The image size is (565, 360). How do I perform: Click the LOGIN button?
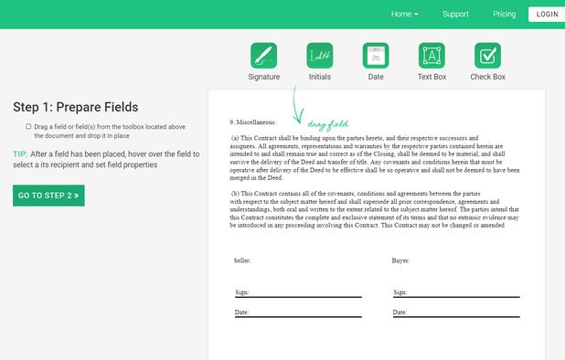click(547, 15)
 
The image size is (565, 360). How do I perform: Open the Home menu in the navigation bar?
click(404, 15)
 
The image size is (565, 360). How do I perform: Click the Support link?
click(455, 15)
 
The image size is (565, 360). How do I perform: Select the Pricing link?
click(504, 15)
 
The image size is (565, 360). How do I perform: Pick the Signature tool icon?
click(263, 56)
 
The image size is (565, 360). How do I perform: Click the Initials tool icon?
click(320, 56)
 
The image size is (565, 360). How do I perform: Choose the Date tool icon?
click(376, 56)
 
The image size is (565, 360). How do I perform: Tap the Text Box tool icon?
click(432, 56)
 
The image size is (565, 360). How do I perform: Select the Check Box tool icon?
click(487, 56)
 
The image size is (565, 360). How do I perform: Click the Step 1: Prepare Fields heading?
click(75, 107)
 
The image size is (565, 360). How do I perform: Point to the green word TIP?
click(20, 154)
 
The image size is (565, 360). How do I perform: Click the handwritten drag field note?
click(327, 123)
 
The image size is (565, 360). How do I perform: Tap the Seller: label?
click(242, 260)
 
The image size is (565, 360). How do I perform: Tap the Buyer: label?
click(401, 260)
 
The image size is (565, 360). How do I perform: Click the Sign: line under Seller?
click(298, 293)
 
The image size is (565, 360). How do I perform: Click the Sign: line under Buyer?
click(456, 293)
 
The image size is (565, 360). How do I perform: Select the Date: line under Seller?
click(298, 313)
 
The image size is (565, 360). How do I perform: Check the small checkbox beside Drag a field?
click(28, 126)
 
